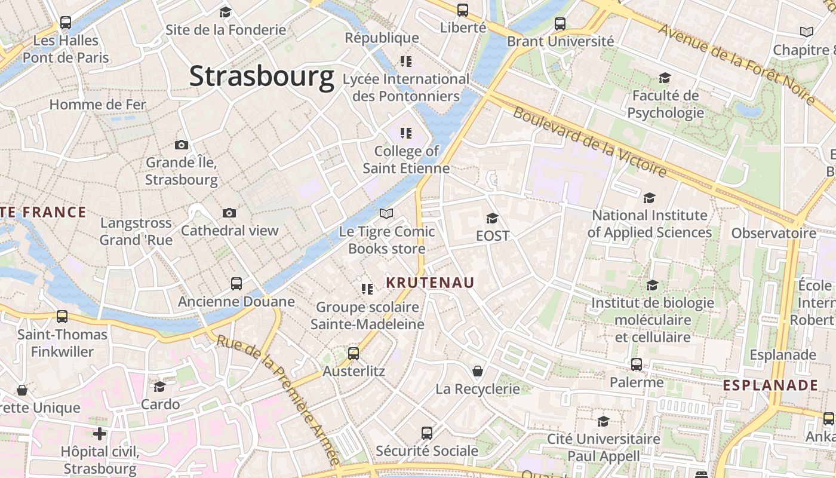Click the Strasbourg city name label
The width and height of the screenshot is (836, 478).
262,77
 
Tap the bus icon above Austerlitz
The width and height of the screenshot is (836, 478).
354,354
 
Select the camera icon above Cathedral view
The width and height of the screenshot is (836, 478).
229,213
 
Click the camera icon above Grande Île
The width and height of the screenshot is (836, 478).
182,145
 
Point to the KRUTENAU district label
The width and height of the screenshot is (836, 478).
430,283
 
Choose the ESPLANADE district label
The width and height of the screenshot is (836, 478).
770,385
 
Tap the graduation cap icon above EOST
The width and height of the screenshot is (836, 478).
492,219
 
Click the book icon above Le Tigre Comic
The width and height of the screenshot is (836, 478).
386,213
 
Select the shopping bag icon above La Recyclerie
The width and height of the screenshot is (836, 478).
478,372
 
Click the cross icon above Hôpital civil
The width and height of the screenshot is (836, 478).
100,434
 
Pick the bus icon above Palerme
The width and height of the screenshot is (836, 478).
637,364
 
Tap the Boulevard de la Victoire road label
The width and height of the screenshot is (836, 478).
589,142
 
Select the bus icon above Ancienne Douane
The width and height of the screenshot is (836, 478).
236,284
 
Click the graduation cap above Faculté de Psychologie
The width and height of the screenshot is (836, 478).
665,78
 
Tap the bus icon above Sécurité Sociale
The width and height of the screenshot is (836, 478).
427,433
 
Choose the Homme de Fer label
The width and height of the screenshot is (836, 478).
97,105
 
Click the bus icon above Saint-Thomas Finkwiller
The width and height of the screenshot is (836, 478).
62,317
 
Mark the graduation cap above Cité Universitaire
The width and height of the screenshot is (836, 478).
604,421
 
